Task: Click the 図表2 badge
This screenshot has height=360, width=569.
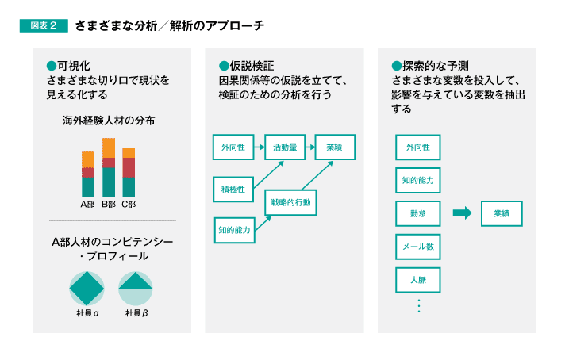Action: [x=44, y=25]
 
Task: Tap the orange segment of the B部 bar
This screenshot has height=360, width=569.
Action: [x=109, y=148]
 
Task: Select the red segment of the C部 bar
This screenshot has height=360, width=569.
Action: [x=129, y=167]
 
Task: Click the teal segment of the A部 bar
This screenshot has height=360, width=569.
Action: [x=88, y=187]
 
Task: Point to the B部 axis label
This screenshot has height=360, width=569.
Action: [x=109, y=205]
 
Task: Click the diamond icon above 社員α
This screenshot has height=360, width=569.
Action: [x=87, y=288]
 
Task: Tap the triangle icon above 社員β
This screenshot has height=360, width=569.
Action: [x=136, y=281]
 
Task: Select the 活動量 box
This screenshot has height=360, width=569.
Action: [x=285, y=147]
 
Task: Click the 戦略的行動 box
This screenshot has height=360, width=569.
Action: [x=290, y=203]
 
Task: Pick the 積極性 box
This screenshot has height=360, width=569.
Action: [x=233, y=190]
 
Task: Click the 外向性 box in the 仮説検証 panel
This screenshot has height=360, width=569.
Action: [x=233, y=147]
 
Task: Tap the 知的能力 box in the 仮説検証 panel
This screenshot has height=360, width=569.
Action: [x=234, y=230]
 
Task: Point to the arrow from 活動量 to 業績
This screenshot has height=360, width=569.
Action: [x=310, y=147]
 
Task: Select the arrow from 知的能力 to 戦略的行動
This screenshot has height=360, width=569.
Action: [x=263, y=224]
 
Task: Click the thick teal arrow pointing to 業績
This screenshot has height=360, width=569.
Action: [x=463, y=213]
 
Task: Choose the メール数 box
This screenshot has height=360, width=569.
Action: [x=418, y=247]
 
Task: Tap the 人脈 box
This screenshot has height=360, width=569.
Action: [x=418, y=280]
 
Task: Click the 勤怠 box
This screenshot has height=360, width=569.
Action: [x=418, y=213]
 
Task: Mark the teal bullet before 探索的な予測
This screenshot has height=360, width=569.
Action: [x=397, y=66]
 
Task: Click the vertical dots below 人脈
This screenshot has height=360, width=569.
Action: [x=419, y=306]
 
